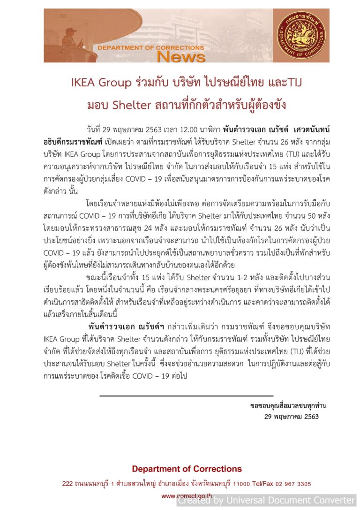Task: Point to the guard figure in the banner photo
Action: (x=70, y=40)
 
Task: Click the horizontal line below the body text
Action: (x=186, y=396)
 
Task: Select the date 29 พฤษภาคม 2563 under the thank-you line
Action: (x=291, y=417)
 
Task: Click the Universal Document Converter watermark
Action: (x=266, y=501)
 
